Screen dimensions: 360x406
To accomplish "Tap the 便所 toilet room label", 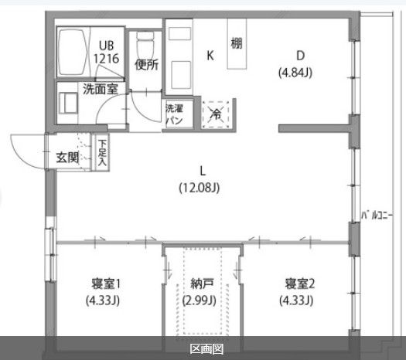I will tap(145, 65).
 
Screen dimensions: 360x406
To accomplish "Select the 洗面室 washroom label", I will tap(101, 89).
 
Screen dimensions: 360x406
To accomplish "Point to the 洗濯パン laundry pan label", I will tap(174, 115).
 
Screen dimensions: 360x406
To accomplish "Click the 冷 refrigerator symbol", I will tap(216, 114).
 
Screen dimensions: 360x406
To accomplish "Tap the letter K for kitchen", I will tap(209, 55).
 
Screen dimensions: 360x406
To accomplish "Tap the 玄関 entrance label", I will tap(67, 157).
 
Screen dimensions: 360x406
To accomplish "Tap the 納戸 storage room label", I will tap(200, 284).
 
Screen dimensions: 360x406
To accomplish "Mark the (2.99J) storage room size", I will tap(200, 301).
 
